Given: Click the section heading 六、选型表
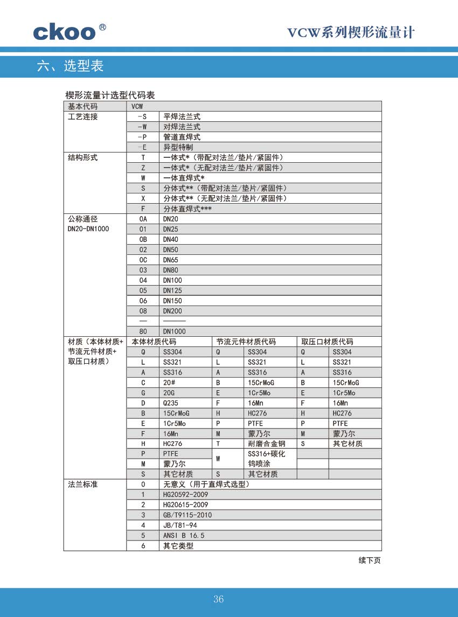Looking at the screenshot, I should pos(70,66).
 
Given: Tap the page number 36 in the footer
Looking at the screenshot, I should pos(218,599).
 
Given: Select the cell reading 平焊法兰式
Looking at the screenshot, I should pos(182,116).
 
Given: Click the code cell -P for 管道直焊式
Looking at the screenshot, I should pos(143,137).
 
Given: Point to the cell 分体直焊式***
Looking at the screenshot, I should pos(188,209).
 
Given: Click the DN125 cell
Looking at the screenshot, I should pos(172,290).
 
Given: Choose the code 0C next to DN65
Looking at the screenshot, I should pos(143,260).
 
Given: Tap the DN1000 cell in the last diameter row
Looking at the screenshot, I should pos(174,331).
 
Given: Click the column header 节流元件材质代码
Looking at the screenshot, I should pos(246,342).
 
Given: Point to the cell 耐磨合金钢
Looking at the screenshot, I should pos(266,444).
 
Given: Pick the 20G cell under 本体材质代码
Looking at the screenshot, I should pos(169,393).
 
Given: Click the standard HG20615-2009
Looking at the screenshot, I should pos(185,505).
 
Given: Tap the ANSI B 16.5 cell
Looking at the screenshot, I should pos(184,536).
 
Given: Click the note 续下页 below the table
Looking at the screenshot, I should pos(370,560).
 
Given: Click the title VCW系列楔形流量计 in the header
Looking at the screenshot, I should pos(351,33).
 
